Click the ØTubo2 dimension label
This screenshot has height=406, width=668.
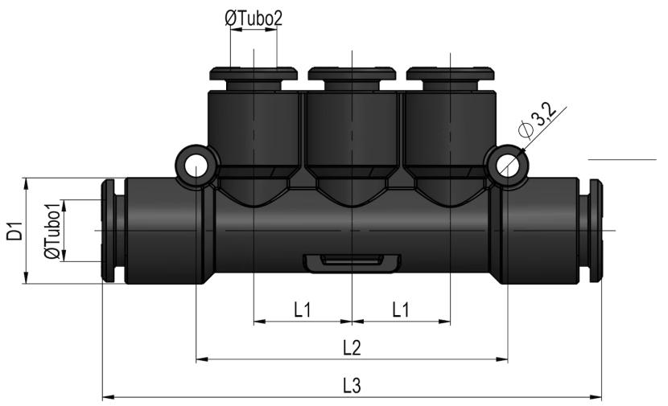click(254, 18)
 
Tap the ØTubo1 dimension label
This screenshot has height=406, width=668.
click(52, 231)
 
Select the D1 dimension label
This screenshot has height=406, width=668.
click(15, 230)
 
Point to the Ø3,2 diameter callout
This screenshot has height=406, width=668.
click(538, 121)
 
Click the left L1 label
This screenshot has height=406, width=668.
click(303, 310)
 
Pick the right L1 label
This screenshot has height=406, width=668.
click(401, 310)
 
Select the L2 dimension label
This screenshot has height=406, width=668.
click(352, 347)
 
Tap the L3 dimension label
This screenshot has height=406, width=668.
click(352, 386)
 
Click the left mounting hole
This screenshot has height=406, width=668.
click(195, 166)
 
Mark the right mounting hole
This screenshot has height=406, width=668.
click(507, 166)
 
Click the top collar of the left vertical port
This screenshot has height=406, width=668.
click(254, 73)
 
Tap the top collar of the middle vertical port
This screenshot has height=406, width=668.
click(352, 73)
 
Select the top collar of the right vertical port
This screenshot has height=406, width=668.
click(451, 73)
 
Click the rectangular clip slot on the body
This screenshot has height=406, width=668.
click(352, 263)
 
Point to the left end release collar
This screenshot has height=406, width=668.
click(108, 231)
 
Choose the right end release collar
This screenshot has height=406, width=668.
click(596, 231)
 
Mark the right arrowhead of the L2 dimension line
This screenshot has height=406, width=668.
click(502, 359)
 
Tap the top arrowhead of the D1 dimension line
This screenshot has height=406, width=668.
click(27, 184)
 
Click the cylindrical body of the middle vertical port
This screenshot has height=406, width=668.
click(352, 128)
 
